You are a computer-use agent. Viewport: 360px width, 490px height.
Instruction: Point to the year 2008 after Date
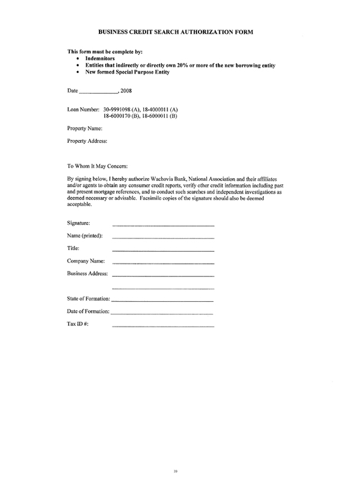[126, 90]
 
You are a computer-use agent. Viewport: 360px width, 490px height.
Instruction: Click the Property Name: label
[84, 129]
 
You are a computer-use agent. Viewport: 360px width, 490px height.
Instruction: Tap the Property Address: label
[87, 141]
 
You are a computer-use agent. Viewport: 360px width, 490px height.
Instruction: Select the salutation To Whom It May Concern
[98, 166]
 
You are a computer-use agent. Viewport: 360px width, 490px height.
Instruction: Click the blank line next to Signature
[163, 225]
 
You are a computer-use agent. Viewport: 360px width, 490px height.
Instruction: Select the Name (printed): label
[85, 235]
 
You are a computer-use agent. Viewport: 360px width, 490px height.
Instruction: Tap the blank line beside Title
[163, 250]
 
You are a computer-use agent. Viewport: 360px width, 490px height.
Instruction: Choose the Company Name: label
[86, 261]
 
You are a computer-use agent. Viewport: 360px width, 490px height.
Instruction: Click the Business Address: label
[87, 274]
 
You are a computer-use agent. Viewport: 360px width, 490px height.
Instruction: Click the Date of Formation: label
[88, 311]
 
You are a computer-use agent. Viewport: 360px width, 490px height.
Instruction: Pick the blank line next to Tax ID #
[163, 326]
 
